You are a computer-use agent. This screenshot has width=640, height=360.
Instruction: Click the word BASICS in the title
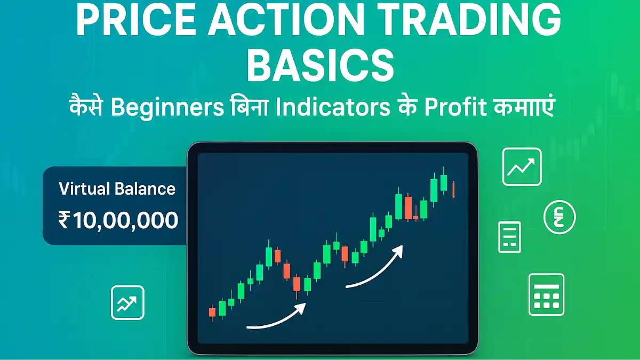tap(321, 66)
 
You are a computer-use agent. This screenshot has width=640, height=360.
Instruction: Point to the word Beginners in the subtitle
tap(167, 108)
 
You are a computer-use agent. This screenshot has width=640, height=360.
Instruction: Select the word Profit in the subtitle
tap(455, 107)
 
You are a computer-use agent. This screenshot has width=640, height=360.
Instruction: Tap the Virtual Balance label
tap(117, 189)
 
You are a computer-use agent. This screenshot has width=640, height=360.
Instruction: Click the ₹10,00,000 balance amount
tap(118, 220)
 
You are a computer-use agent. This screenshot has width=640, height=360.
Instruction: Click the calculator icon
tap(546, 294)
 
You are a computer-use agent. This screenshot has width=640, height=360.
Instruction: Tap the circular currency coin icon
tap(559, 217)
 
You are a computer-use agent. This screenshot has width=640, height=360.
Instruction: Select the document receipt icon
tap(509, 237)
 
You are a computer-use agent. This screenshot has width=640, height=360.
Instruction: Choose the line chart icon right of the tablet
tap(522, 167)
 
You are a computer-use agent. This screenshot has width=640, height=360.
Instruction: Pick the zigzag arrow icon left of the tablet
tap(127, 302)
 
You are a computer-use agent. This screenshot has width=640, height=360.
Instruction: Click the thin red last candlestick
tap(453, 189)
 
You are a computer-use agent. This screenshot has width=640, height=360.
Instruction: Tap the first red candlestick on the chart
tap(212, 313)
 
